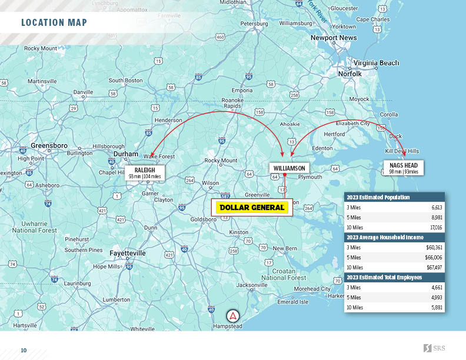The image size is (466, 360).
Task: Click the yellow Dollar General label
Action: (x=252, y=207)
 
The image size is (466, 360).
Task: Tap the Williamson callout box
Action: (x=288, y=168)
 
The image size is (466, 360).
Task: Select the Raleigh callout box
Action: (x=145, y=173)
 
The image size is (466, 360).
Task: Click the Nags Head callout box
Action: (x=403, y=168)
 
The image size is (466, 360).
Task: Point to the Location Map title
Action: (x=54, y=23)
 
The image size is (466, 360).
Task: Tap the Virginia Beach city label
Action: (x=376, y=63)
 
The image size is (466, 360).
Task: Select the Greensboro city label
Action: (x=49, y=145)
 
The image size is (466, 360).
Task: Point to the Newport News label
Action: (x=334, y=38)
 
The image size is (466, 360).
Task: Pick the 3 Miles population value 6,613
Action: (x=436, y=208)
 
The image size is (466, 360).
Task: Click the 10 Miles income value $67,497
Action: (x=434, y=267)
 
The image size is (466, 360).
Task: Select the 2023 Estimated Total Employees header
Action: (x=384, y=277)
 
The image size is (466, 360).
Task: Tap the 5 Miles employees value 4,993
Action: (x=435, y=297)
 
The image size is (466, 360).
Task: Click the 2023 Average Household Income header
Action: (x=384, y=237)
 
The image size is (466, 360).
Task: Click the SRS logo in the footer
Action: (x=434, y=348)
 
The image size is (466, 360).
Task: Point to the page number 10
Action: (x=24, y=351)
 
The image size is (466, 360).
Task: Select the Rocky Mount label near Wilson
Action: (x=221, y=161)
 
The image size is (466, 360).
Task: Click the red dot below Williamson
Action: (x=284, y=175)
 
